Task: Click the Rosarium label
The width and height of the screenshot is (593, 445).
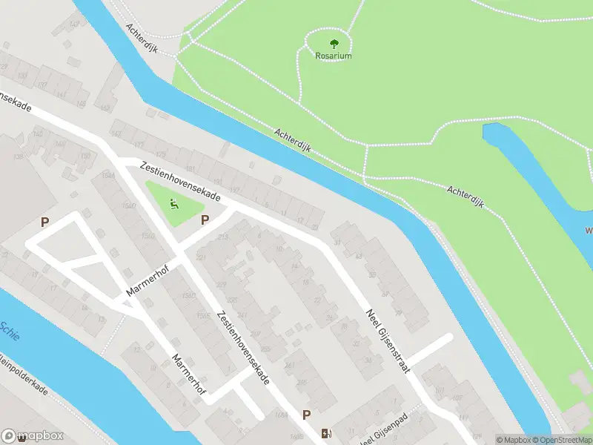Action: click(333, 56)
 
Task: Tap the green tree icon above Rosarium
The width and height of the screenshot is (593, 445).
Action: click(333, 42)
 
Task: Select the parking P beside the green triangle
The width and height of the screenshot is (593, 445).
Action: click(205, 220)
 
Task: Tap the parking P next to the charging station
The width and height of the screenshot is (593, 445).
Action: click(306, 415)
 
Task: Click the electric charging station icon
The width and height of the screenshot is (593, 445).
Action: click(325, 433)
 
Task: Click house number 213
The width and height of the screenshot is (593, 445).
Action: click(223, 237)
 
